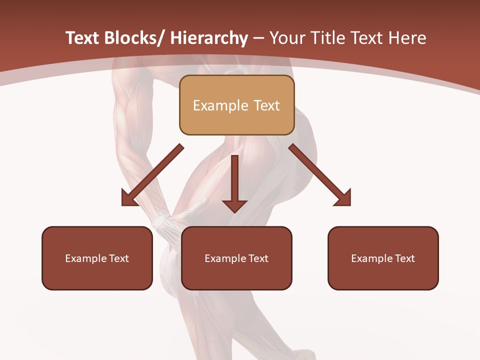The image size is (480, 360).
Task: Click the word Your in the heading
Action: click(286, 38)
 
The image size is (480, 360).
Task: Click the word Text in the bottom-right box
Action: click(404, 258)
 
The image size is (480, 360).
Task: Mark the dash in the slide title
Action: click(258, 38)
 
